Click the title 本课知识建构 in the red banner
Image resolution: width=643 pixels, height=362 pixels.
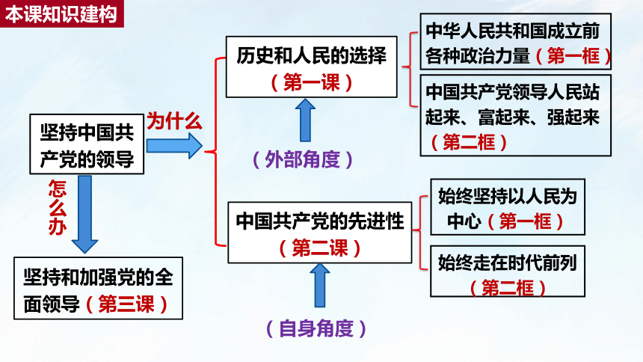coord(61,14)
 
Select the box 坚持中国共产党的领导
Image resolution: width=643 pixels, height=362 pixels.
coord(87,144)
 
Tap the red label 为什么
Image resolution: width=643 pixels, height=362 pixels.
coord(174,121)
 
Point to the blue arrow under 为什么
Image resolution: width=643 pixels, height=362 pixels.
coord(174,146)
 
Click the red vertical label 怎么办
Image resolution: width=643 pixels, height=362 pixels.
coord(58,207)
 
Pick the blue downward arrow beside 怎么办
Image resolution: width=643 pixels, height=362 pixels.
coord(84,214)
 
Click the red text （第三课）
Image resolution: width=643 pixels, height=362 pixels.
coord(126,304)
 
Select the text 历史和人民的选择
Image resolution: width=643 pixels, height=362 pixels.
coord(311,55)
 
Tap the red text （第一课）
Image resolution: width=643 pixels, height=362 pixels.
coord(312,82)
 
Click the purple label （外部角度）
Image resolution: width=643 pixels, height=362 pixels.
coord(303,159)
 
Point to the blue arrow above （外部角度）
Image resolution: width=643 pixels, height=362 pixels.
coord(305,120)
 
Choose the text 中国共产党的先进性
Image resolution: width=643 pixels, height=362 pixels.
coord(320,221)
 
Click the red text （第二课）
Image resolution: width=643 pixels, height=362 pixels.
coord(320,248)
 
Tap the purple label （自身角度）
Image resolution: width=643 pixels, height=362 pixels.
coord(316,328)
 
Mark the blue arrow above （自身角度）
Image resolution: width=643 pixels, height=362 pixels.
coord(320,285)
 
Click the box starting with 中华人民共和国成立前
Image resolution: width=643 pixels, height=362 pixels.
coord(515,41)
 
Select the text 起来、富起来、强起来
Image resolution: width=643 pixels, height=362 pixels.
coord(512,117)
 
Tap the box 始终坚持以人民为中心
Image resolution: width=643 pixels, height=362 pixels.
coord(507,207)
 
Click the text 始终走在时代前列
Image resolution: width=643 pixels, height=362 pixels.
coord(507,263)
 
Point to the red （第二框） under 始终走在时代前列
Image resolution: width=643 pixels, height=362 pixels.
coord(508,287)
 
